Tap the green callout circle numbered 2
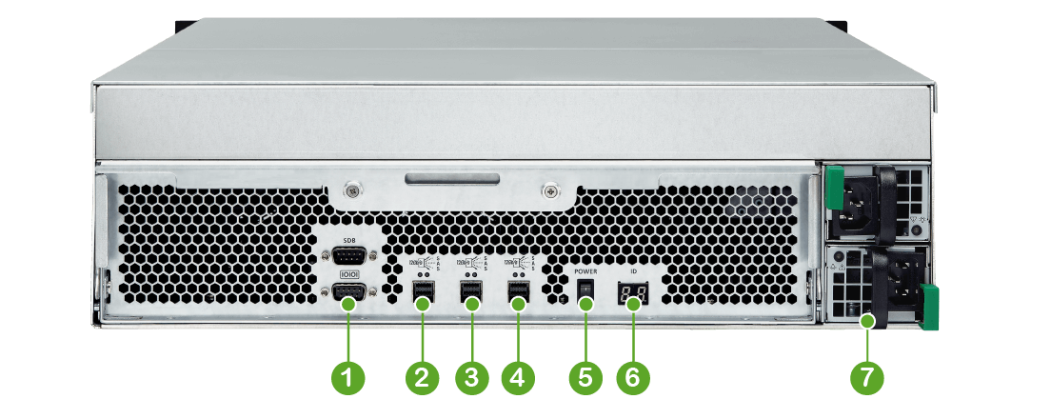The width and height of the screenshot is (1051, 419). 421,377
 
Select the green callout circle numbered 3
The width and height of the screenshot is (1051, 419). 469,377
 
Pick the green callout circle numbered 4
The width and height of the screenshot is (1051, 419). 517,377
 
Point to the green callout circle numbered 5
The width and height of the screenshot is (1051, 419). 585,377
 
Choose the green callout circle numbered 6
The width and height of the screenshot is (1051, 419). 632,377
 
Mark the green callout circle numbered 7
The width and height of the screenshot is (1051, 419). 866,377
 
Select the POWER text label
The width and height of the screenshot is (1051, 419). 585,271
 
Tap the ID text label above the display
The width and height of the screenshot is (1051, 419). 632,271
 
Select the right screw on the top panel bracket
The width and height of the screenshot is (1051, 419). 549,191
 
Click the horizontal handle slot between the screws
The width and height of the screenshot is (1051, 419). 449,178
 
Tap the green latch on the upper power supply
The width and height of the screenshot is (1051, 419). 835,188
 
